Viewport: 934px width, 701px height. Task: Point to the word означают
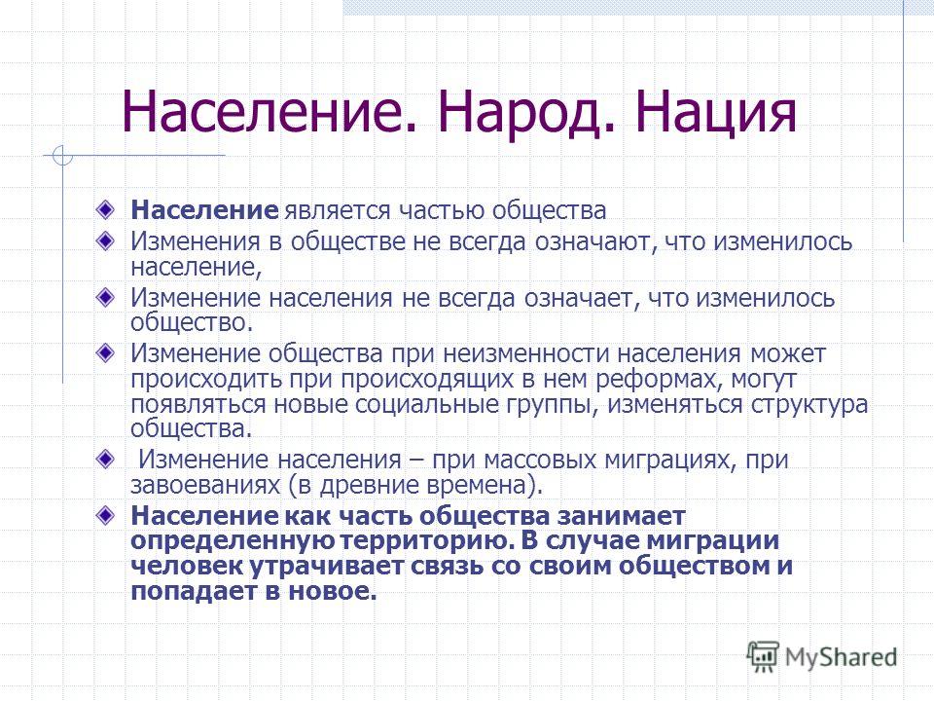(595, 242)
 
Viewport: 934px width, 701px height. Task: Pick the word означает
(582, 298)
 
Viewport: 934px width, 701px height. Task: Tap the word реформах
(659, 380)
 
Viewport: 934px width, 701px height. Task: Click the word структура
(808, 405)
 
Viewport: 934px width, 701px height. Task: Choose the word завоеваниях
(205, 485)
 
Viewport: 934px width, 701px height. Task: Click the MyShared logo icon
(763, 657)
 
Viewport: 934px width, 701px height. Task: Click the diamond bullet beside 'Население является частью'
(105, 210)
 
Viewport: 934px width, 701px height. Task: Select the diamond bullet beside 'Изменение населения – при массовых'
(105, 460)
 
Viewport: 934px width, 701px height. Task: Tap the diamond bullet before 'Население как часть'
(105, 516)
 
